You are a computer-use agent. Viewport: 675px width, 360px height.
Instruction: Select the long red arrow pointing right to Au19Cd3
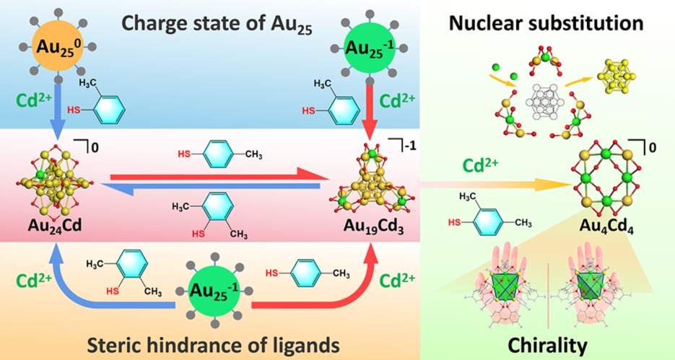coord(217,173)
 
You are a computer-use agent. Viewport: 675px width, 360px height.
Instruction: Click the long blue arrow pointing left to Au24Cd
coord(217,186)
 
